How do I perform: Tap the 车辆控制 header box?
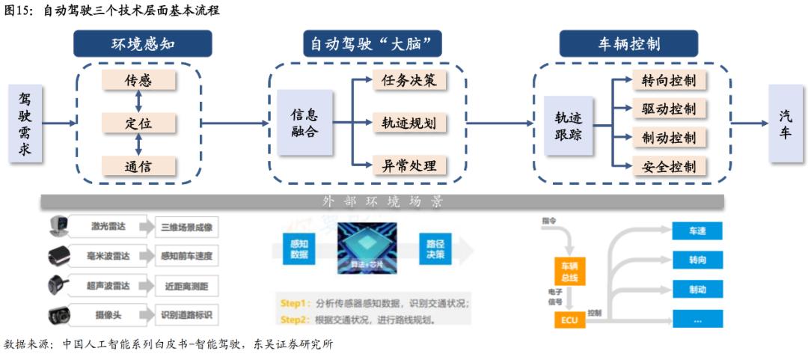point(628,43)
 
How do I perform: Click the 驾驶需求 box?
point(25,123)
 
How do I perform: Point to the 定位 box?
point(138,123)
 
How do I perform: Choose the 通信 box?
point(138,165)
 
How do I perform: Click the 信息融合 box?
point(304,123)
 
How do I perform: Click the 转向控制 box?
point(669,80)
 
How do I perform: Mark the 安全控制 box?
point(669,166)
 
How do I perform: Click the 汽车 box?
point(786,123)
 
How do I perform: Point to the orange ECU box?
point(569,320)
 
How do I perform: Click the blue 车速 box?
point(697,231)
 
